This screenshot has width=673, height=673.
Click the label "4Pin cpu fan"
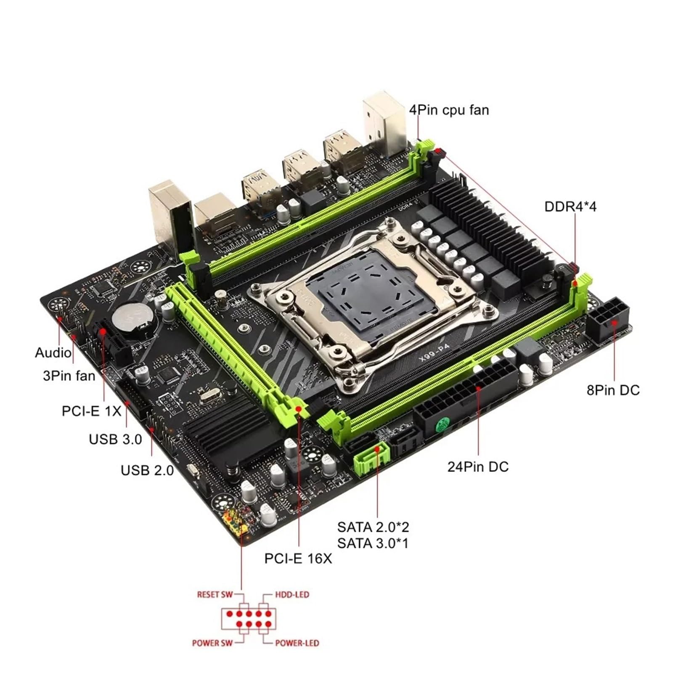point(449,110)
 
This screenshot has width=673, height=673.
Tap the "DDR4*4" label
point(570,207)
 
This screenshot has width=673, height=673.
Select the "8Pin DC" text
point(613,390)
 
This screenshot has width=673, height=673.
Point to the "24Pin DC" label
point(478,466)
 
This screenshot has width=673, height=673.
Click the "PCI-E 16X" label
point(298,558)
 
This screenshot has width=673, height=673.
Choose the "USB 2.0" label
point(147,470)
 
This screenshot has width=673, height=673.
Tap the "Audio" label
point(53,352)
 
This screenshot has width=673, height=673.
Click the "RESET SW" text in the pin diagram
point(215,594)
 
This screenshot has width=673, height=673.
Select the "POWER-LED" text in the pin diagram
point(297,643)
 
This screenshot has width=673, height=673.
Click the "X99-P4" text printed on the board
point(434,352)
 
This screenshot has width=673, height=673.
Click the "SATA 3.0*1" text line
point(373,543)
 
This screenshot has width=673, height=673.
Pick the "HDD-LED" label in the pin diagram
point(292,594)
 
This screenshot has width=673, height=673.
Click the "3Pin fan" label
point(69,375)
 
